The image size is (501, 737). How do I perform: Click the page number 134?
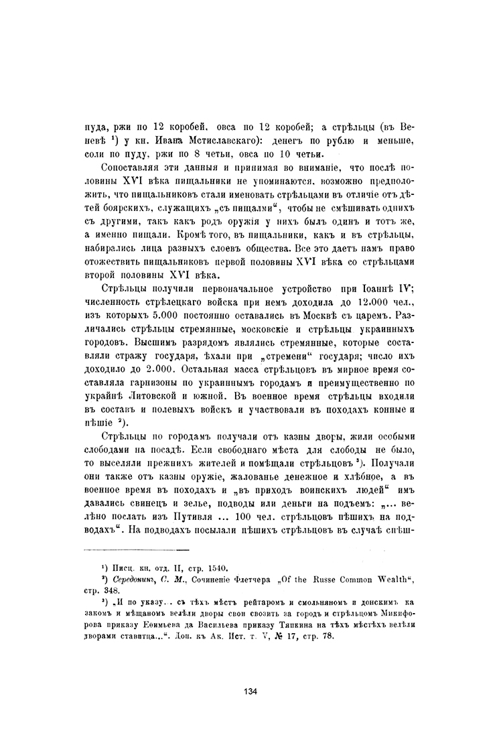[x=250, y=693]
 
